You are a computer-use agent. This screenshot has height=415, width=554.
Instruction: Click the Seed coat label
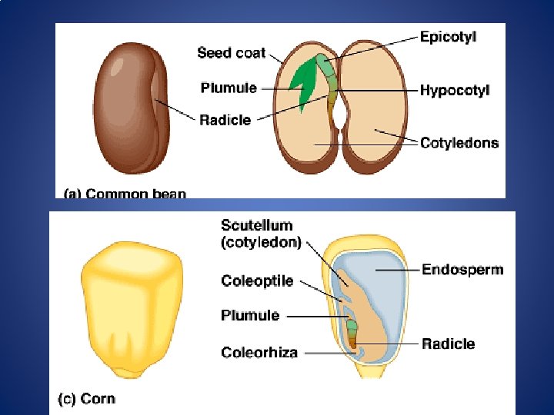[x=231, y=53]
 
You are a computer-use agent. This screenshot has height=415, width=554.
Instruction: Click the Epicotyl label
[x=453, y=35]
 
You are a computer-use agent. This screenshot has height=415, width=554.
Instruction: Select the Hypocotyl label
[x=455, y=90]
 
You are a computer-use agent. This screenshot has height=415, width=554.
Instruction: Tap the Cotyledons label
[x=459, y=142]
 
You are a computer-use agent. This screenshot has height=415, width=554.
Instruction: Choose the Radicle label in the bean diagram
[x=225, y=119]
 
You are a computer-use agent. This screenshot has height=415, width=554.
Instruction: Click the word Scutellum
[x=256, y=225]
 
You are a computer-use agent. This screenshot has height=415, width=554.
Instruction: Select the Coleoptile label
[x=257, y=281]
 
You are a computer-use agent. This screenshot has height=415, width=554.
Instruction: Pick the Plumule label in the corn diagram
[x=250, y=315]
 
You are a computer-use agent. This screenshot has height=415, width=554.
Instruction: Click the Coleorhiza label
[x=259, y=352]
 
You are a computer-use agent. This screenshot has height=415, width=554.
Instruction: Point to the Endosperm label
[x=462, y=269]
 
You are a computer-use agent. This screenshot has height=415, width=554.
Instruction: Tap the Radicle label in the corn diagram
[x=448, y=344]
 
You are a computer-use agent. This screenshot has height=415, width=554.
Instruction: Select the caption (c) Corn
[x=87, y=399]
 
